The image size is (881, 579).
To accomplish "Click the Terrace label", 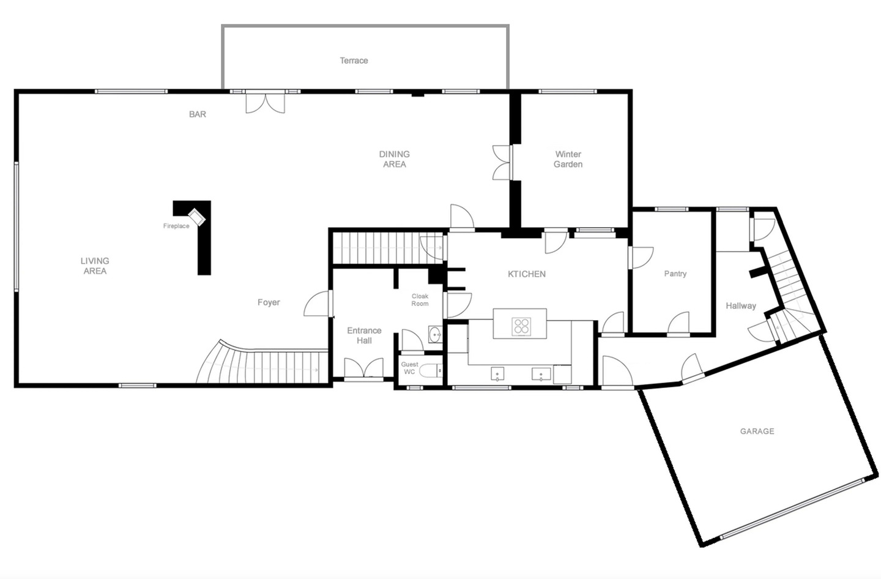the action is tap(354, 61).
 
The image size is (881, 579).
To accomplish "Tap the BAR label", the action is tap(198, 114).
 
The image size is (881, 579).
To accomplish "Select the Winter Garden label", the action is tap(568, 159).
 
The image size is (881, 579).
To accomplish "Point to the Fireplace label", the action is tap(176, 226).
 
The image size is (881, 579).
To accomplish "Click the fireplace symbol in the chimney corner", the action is tap(196, 217).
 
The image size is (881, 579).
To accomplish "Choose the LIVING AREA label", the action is tap(95, 266).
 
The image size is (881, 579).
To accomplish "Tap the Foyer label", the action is tap(269, 302).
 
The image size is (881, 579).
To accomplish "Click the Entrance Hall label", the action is tap(364, 335).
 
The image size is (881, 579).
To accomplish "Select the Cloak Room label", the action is tap(420, 300).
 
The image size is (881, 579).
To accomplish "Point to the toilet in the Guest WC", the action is tap(431, 370).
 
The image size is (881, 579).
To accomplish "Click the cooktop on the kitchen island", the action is tap(521, 326).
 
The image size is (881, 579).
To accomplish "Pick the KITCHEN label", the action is tap(527, 274).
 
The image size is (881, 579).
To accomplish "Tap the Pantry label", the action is tap(675, 274).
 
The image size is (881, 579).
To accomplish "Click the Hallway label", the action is tap(741, 305).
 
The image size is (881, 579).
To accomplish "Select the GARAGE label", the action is tap(757, 431).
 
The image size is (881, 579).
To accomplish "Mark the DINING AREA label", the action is tap(394, 159).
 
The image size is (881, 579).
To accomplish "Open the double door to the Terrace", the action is tap(265, 102).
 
